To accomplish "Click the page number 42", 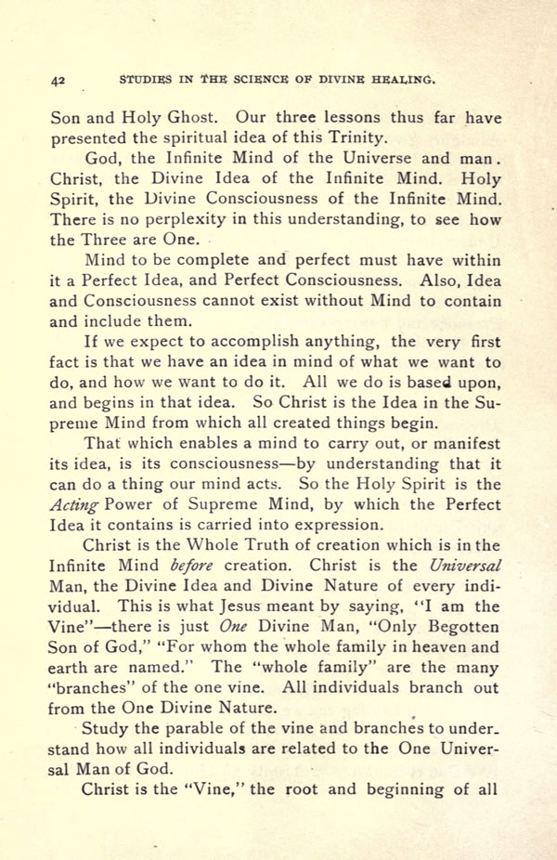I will [x=58, y=81].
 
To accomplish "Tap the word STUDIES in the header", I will [x=148, y=80].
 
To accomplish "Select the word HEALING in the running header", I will [x=403, y=80].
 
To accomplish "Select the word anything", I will [x=341, y=342].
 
